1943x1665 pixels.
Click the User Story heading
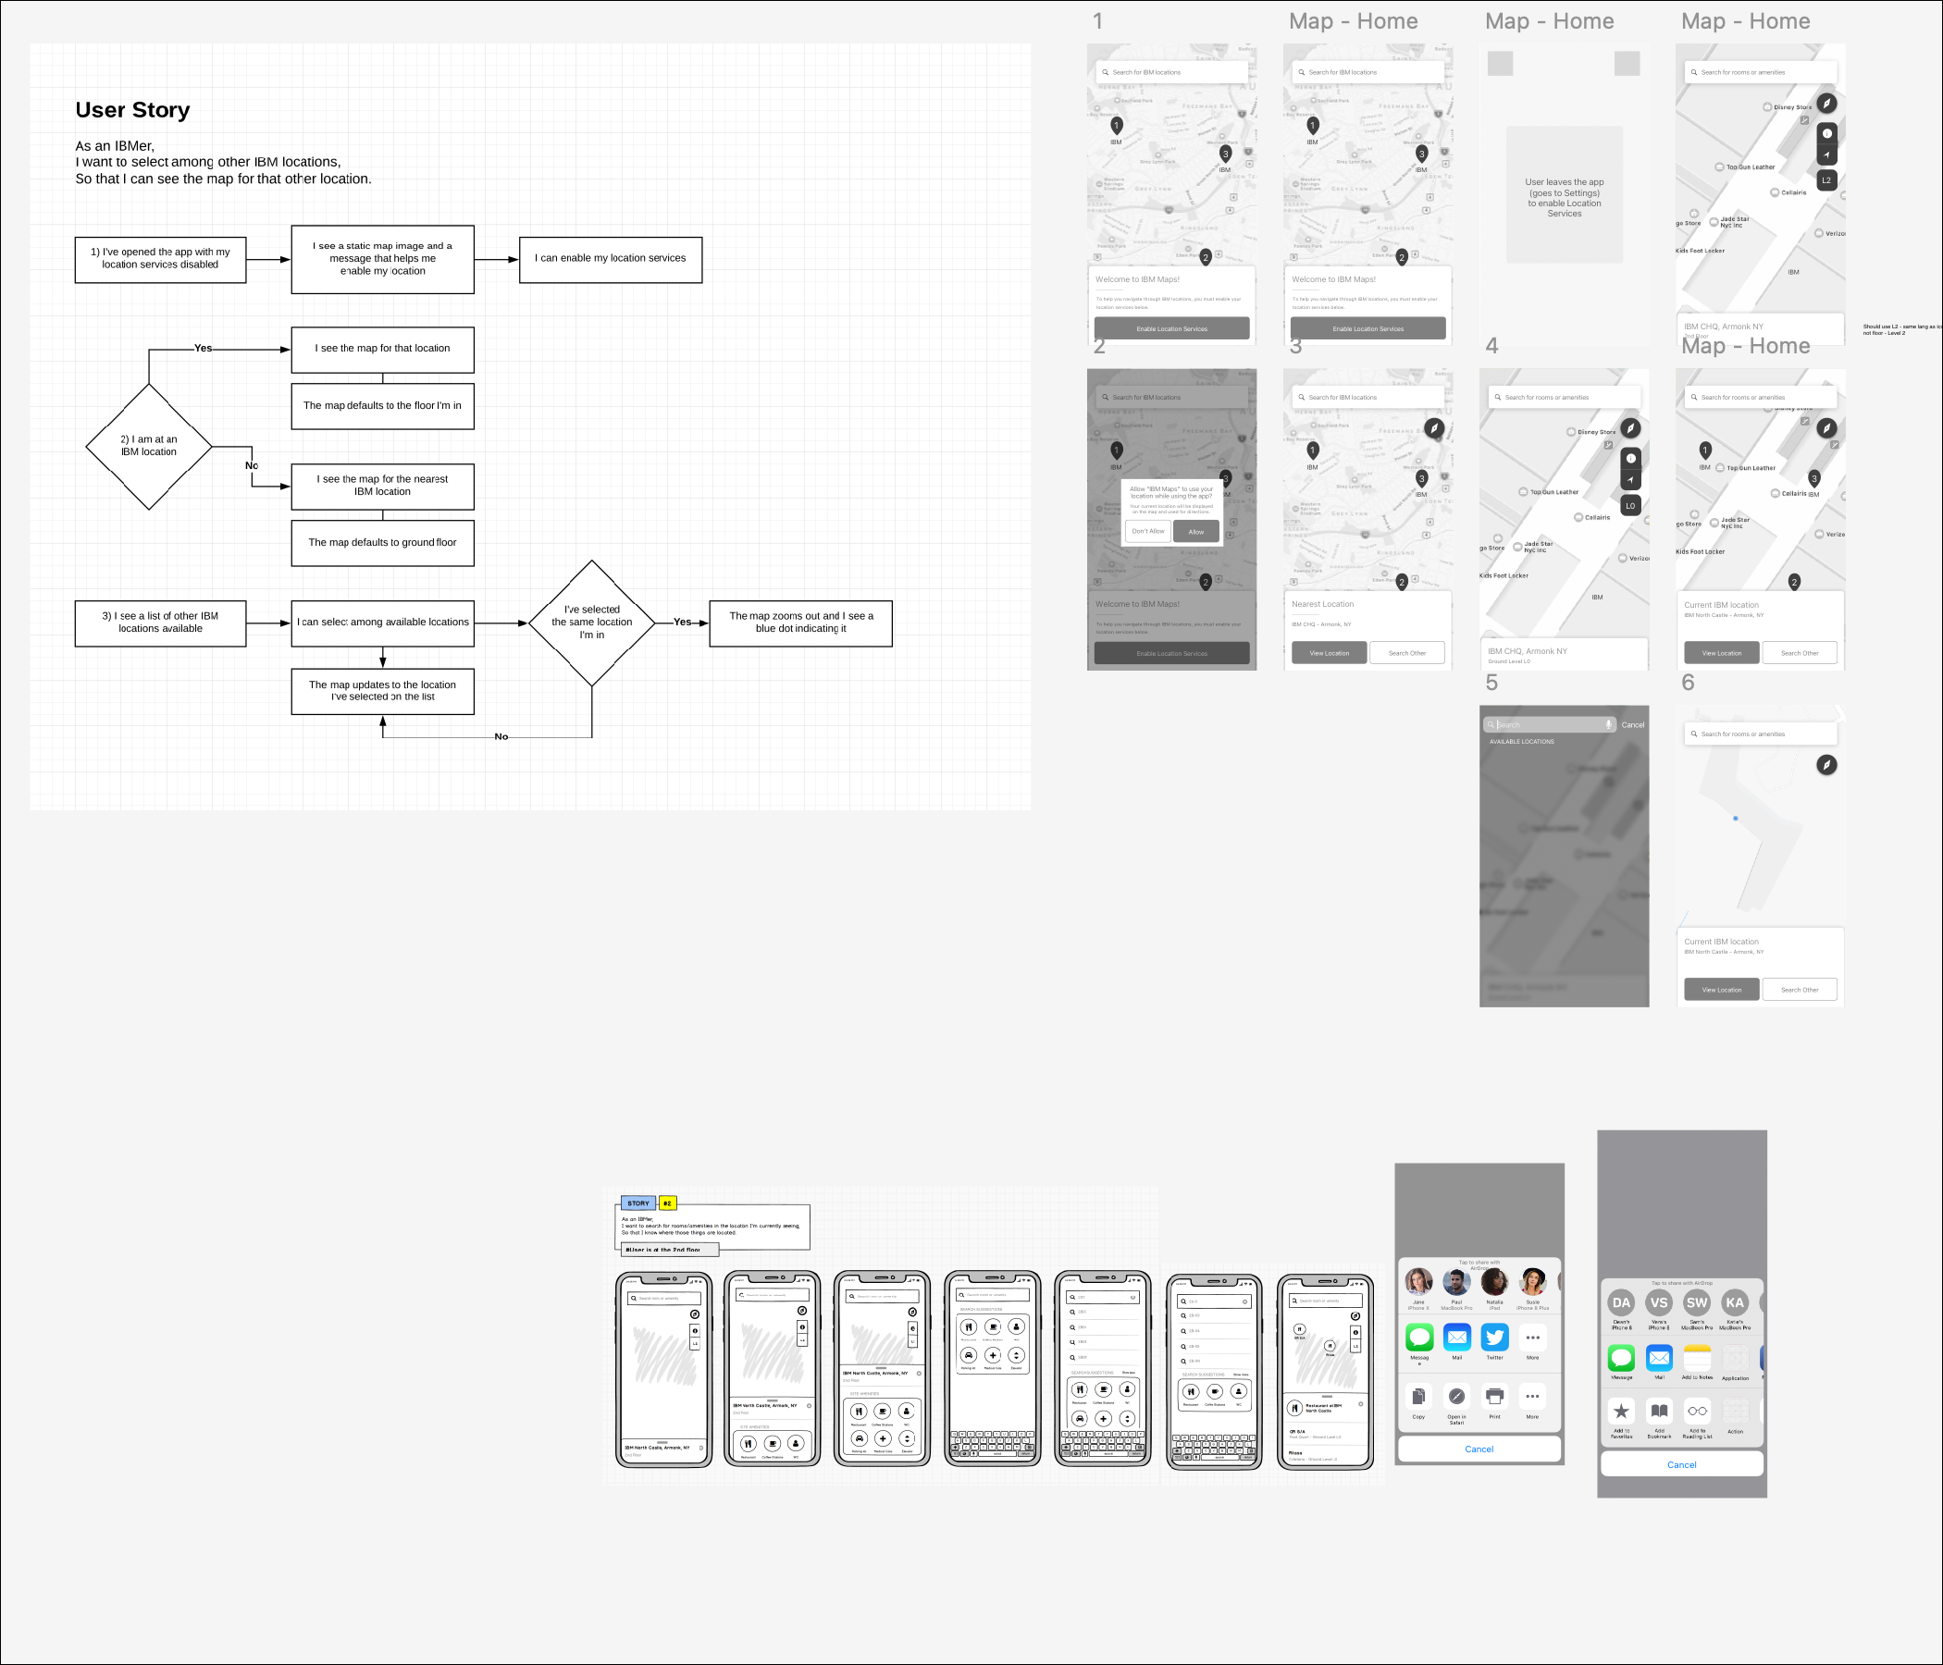(132, 110)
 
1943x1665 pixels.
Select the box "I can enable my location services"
(611, 259)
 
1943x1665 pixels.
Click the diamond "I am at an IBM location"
(149, 446)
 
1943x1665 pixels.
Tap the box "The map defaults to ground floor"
(383, 543)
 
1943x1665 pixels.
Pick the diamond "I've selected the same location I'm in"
(592, 623)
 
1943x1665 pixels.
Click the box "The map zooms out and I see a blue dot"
(801, 623)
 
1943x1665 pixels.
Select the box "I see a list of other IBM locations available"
(160, 623)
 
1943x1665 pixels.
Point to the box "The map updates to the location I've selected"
(383, 691)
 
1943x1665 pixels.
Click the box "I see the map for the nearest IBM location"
(383, 486)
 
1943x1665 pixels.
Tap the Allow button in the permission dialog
(1195, 532)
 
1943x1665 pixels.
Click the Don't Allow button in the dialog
(1148, 532)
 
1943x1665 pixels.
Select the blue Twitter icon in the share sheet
(1495, 1337)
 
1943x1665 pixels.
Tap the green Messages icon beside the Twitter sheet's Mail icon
(1419, 1337)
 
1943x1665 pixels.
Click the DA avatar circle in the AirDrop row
(1621, 1302)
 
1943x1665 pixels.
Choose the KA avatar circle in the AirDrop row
(1735, 1302)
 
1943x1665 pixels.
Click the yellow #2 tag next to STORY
(668, 1202)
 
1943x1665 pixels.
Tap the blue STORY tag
(637, 1202)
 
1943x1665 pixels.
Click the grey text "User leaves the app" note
(1565, 198)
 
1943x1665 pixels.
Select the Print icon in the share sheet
(1495, 1397)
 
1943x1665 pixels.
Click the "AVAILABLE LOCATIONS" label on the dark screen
(1522, 742)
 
